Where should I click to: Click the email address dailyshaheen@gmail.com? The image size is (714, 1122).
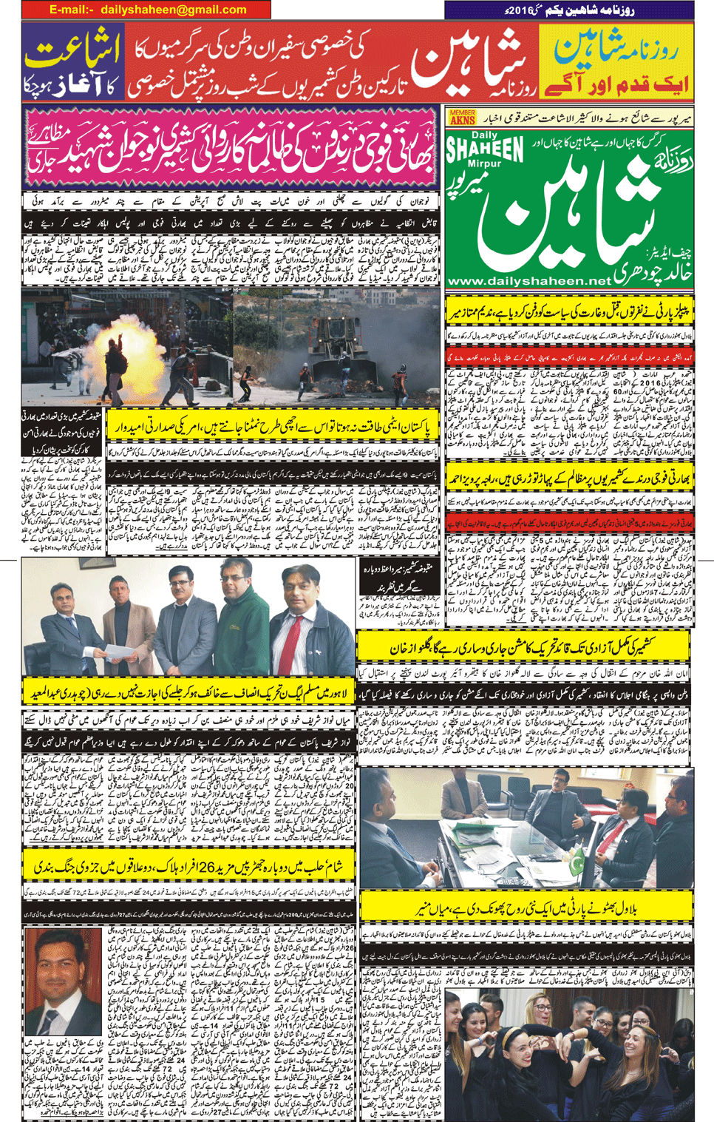coord(174,10)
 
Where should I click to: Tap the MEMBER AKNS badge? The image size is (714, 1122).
coord(462,117)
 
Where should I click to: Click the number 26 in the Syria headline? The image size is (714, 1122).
coord(205,866)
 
